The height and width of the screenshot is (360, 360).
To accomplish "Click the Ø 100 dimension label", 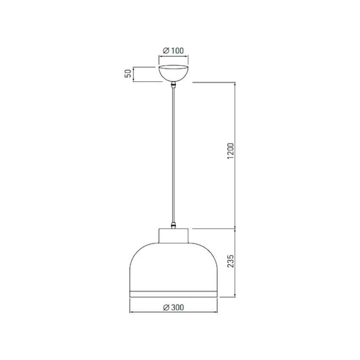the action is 173,50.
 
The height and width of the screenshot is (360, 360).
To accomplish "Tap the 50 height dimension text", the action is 128,73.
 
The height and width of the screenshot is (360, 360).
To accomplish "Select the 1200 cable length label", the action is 230,151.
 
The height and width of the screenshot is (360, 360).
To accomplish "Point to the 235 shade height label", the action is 230,261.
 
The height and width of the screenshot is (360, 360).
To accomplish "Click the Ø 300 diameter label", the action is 174,307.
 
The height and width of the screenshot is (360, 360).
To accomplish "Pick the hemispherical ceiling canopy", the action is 174,74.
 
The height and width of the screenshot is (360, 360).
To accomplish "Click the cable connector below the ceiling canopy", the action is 174,85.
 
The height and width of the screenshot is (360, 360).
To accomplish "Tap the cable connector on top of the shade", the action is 174,225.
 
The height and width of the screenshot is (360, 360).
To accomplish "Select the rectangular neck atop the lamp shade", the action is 174,236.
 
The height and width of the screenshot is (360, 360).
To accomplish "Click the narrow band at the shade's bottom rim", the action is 173,294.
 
